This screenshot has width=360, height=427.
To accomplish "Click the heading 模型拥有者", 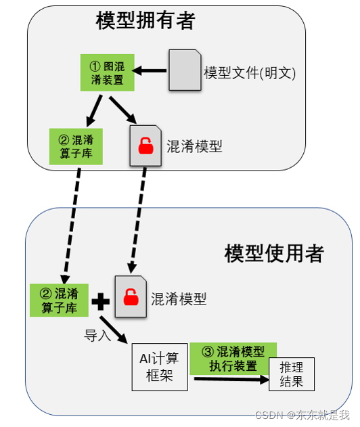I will pyautogui.click(x=145, y=21).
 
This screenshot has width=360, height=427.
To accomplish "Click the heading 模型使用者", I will pyautogui.click(x=274, y=254).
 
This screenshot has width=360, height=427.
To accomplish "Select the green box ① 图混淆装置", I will pyautogui.click(x=106, y=73).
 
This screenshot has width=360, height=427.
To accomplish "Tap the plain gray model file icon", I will pyautogui.click(x=185, y=70).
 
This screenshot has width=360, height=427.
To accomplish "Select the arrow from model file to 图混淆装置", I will pyautogui.click(x=151, y=70).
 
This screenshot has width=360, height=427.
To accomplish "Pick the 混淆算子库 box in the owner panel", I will pyautogui.click(x=76, y=146).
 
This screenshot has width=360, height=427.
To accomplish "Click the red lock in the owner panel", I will pyautogui.click(x=145, y=145).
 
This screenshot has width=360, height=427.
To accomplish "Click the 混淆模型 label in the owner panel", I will pyautogui.click(x=194, y=146).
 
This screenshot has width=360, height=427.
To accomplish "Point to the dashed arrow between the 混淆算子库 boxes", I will pyautogui.click(x=73, y=223).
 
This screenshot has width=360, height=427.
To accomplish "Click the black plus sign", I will pyautogui.click(x=100, y=301).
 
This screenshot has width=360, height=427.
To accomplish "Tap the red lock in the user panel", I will pyautogui.click(x=129, y=296).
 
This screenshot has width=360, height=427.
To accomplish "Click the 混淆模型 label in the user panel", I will pyautogui.click(x=178, y=298).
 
